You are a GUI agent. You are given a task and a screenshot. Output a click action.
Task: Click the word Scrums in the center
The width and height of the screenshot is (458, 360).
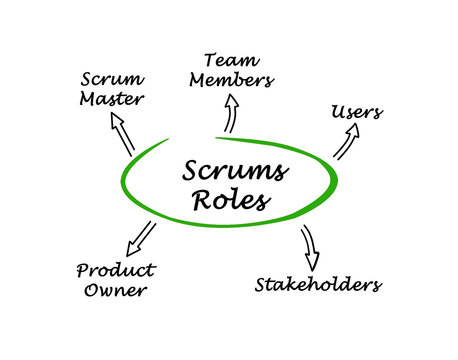(236, 171)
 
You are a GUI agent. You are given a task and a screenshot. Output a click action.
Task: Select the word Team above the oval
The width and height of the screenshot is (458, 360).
(231, 60)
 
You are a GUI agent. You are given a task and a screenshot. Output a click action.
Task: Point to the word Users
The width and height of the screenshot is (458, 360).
(356, 111)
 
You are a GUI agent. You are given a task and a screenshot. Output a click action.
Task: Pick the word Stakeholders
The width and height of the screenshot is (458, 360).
(317, 285)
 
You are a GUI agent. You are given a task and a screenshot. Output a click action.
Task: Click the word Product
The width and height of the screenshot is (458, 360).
(115, 270)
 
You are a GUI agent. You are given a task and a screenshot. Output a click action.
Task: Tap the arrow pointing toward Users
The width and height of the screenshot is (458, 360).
(345, 144)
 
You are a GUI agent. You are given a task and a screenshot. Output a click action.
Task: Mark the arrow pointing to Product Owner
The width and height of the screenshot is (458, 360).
(141, 239)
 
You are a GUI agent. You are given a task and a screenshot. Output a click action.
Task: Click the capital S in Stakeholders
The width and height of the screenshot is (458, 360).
(260, 285)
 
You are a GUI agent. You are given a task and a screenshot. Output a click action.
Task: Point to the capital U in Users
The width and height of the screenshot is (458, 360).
(337, 111)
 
